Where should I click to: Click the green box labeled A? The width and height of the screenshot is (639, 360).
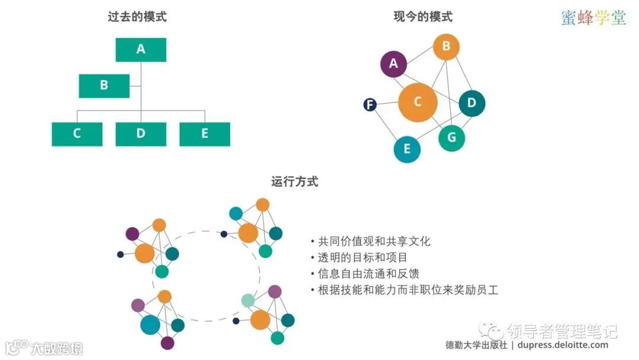(141, 50)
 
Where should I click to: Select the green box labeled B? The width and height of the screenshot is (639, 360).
(104, 85)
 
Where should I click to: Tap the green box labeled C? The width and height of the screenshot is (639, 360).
(77, 134)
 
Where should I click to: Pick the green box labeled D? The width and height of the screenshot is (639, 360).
(141, 134)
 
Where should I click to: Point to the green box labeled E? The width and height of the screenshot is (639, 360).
(205, 134)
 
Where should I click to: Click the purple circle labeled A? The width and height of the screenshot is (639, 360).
(393, 64)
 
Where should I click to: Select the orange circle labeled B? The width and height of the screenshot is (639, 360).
(446, 46)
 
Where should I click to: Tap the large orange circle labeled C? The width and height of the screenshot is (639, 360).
(417, 102)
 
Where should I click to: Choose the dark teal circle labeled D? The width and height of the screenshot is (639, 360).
(472, 103)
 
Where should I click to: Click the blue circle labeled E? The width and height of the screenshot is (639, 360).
(407, 149)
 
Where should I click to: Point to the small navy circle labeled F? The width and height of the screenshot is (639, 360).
(370, 105)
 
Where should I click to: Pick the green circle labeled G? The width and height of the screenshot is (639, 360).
(451, 138)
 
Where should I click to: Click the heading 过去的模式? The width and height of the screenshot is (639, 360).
(137, 17)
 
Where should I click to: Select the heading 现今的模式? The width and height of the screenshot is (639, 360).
(422, 17)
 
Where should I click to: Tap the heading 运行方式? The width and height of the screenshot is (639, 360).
(294, 182)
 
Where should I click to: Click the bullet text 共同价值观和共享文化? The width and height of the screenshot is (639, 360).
(374, 242)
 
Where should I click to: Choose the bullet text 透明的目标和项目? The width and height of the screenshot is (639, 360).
(362, 258)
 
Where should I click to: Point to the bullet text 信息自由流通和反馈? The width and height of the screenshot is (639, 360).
(368, 274)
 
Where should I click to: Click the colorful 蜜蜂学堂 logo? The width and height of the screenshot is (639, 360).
(593, 18)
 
